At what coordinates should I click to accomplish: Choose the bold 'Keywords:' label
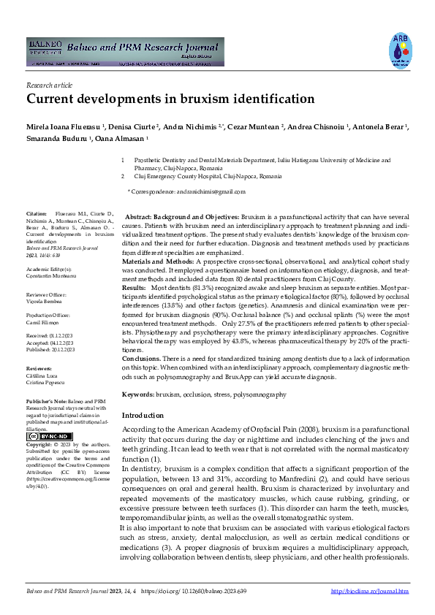coord(137,394)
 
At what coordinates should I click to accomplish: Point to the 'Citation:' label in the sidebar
coord(36,215)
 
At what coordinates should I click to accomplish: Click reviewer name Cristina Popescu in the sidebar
coord(43,382)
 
